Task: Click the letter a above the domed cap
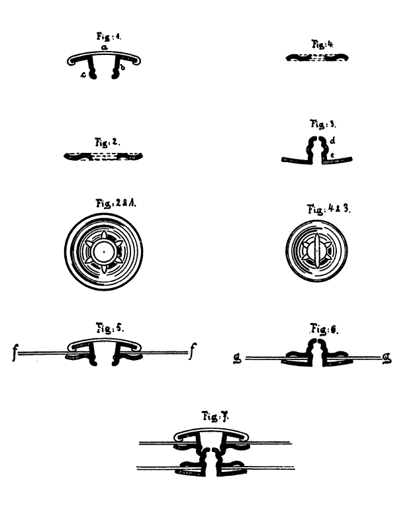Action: (105, 48)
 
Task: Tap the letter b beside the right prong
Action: (122, 68)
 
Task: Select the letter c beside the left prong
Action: (83, 75)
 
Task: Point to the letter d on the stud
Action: (332, 140)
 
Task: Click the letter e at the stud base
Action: (332, 155)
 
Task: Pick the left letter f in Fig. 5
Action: (15, 352)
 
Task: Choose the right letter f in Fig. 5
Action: (193, 351)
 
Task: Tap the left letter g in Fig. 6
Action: (237, 359)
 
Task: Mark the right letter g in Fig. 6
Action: (387, 359)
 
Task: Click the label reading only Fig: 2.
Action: (107, 142)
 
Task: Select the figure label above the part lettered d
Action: (323, 124)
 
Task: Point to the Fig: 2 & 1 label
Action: (116, 203)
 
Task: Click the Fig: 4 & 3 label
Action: (328, 209)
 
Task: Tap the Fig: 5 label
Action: (110, 328)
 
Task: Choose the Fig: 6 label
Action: (324, 329)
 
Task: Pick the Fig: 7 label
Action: (215, 416)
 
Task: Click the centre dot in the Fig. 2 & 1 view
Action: (104, 252)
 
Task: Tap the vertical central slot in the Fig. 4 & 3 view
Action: (317, 250)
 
